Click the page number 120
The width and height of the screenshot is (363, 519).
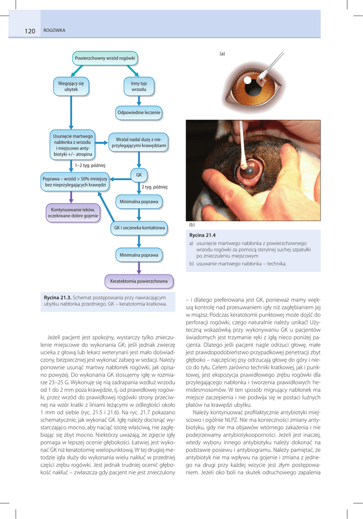[29, 31]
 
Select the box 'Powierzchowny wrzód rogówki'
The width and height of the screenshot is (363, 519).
[105, 58]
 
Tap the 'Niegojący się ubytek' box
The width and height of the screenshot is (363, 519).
[71, 86]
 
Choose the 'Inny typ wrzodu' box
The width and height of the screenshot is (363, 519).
[138, 86]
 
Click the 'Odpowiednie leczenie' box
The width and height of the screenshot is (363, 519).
[138, 113]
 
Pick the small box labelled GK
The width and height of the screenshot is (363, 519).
[138, 175]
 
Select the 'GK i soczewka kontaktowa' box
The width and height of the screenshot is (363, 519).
[139, 228]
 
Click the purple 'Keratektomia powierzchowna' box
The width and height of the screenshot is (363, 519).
[139, 281]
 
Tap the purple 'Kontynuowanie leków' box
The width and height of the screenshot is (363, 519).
[73, 213]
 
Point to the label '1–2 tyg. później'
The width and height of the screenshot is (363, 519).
[90, 165]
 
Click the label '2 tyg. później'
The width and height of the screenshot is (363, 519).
[154, 187]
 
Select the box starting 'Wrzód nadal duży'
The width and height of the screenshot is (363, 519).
[138, 142]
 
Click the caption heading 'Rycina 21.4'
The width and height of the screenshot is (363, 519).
[202, 236]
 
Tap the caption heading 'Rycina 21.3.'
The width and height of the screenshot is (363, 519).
[58, 297]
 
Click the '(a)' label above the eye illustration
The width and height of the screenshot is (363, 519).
[222, 54]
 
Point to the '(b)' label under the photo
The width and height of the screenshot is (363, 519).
[192, 224]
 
